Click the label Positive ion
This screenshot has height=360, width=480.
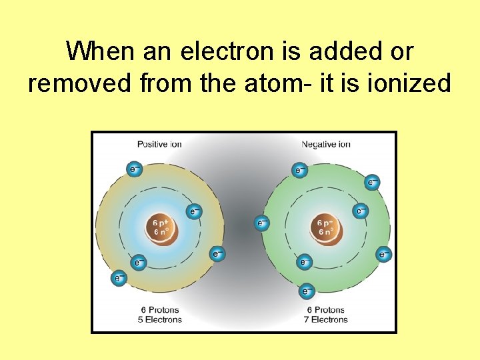(x=159, y=144)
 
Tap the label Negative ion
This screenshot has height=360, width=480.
(x=326, y=144)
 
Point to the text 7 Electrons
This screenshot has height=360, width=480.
(x=327, y=319)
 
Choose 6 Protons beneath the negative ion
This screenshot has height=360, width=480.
(x=327, y=310)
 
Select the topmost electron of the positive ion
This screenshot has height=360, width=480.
(x=134, y=169)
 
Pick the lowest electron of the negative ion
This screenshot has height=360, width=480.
(x=305, y=291)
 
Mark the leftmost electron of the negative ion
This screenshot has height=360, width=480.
(x=262, y=222)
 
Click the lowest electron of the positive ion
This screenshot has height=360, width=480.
(x=119, y=277)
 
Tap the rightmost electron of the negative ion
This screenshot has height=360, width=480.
(x=383, y=253)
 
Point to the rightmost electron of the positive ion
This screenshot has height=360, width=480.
(x=217, y=253)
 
